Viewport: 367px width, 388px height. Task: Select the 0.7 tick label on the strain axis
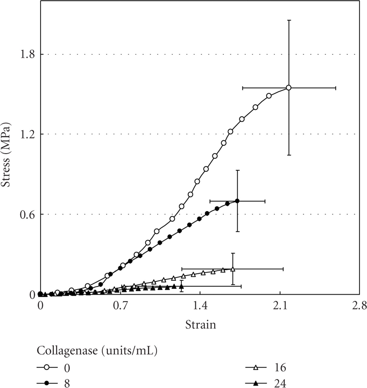(x=120, y=306)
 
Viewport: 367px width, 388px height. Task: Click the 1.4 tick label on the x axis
(x=200, y=306)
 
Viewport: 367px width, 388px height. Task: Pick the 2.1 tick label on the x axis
(x=280, y=306)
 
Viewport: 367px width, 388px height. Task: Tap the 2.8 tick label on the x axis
(x=359, y=306)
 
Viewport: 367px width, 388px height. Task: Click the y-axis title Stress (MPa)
(x=7, y=154)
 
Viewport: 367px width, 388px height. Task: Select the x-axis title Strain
(x=200, y=325)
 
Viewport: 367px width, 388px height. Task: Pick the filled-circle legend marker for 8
(x=47, y=383)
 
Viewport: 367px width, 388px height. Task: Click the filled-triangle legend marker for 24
(x=256, y=383)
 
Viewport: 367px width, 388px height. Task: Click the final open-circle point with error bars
(x=289, y=88)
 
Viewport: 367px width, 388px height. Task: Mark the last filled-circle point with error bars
(x=237, y=201)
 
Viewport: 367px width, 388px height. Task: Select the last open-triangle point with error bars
(x=233, y=269)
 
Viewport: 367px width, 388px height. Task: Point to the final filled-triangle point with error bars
(x=181, y=286)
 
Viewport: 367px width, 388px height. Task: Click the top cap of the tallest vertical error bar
(x=289, y=20)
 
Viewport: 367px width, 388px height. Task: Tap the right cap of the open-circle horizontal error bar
(x=336, y=88)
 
